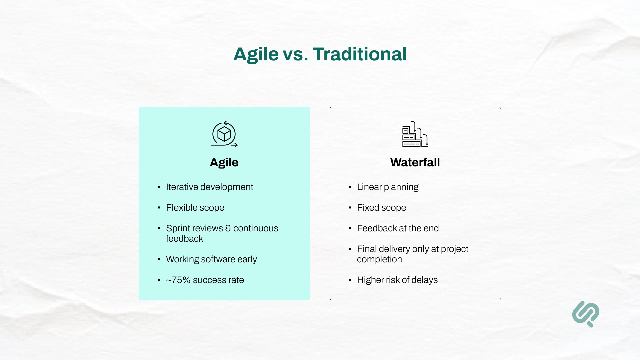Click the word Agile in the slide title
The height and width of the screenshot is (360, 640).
256,54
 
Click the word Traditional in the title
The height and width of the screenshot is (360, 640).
360,54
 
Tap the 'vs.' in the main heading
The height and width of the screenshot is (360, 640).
295,55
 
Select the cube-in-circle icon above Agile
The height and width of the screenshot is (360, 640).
224,134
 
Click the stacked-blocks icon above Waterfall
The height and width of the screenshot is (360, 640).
415,134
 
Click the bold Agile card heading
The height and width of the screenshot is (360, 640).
224,162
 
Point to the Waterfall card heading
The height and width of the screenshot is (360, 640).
415,162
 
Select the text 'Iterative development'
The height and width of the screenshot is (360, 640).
209,187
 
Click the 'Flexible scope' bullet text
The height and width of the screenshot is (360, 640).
195,208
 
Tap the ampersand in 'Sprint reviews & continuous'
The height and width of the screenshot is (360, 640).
228,228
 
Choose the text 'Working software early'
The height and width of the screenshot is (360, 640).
211,259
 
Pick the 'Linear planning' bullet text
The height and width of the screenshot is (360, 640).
388,187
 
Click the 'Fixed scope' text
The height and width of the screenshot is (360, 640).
381,208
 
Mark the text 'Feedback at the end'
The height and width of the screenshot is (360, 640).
398,228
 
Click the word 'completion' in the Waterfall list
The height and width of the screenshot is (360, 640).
379,259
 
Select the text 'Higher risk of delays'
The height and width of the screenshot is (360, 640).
397,280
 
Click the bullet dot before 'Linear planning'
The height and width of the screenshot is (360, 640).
350,187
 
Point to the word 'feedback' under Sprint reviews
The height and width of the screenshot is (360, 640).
184,239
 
